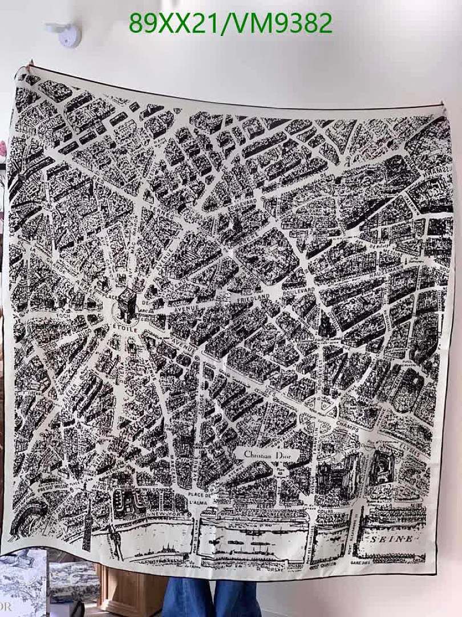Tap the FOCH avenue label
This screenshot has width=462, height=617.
(x=63, y=315)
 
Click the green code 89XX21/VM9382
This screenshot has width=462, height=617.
(x=230, y=23)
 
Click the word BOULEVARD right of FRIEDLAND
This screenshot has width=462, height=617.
(x=298, y=291)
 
